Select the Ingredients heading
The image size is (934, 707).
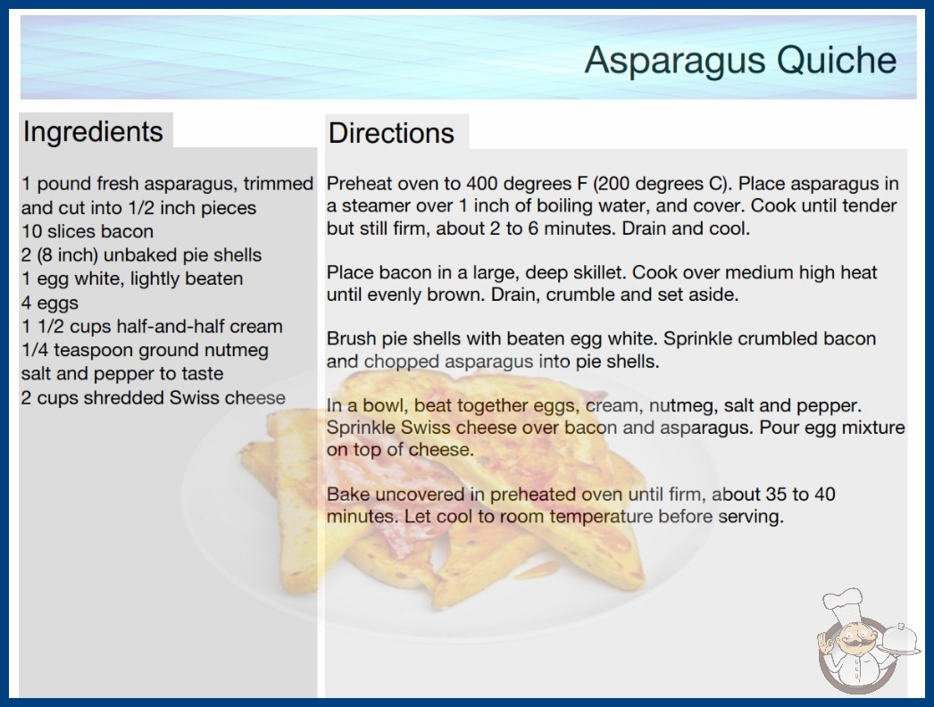[x=93, y=132]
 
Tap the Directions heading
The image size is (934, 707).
[x=391, y=133]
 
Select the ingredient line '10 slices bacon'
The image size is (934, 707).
[x=88, y=231]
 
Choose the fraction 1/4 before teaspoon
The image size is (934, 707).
[x=35, y=350]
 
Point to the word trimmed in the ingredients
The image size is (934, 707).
[x=279, y=184]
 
